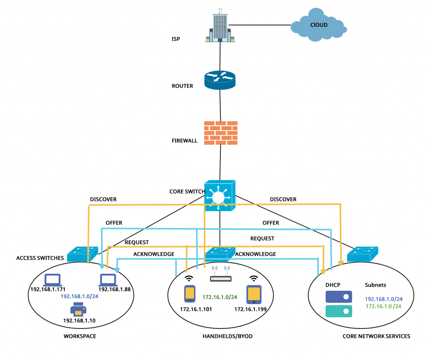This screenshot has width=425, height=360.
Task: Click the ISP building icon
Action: [x=220, y=26]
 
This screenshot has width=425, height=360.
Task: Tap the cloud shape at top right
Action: [x=319, y=26]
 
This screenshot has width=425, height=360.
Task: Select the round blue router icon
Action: [x=220, y=80]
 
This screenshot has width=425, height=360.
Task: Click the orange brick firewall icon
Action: [x=221, y=133]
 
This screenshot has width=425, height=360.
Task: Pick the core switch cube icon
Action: [x=220, y=195]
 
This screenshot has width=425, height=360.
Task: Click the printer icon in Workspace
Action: [x=78, y=309]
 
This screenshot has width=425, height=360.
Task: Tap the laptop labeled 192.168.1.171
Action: [x=53, y=280]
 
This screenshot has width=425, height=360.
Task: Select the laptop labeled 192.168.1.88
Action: [x=107, y=280]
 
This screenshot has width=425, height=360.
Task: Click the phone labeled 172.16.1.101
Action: [x=190, y=294]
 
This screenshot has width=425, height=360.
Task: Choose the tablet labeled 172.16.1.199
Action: [x=254, y=294]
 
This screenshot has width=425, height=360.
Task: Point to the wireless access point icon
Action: [x=220, y=277]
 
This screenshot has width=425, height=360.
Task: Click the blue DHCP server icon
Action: [x=338, y=296]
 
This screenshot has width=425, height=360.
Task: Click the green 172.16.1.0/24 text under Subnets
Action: [x=383, y=306]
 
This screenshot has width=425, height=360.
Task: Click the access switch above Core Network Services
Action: [x=363, y=253]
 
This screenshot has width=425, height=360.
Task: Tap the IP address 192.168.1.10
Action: [x=78, y=321]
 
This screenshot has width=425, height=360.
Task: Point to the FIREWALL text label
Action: [x=185, y=141]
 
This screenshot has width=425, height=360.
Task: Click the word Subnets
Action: [x=375, y=285]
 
